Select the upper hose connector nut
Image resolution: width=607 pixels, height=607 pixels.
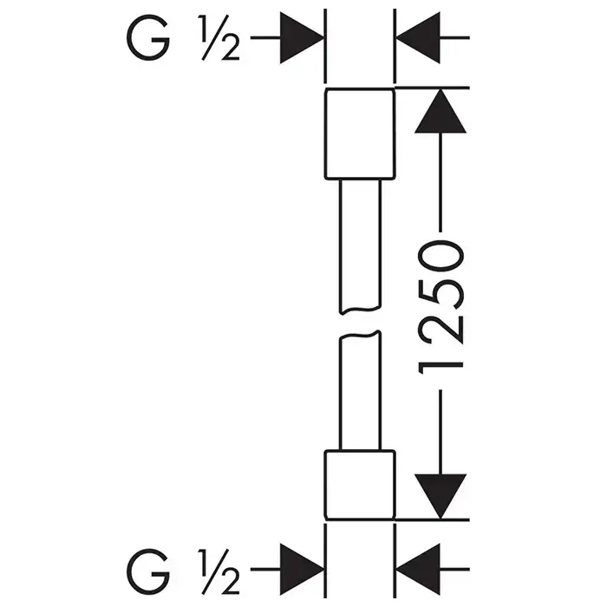click(359, 134)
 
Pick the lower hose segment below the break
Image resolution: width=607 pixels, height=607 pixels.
click(359, 390)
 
